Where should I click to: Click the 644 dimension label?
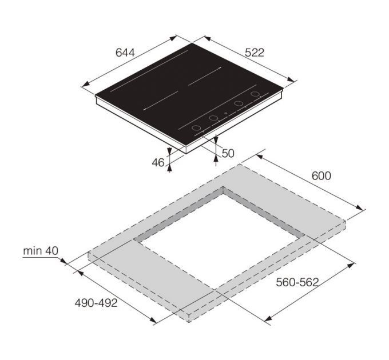coord(125,53)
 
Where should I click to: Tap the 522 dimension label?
coord(255,53)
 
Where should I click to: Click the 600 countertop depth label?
coord(321,176)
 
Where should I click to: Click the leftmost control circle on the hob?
coord(196,128)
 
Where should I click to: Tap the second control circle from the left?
coord(214,118)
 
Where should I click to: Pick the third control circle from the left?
coord(239,104)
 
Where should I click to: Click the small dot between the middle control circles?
coord(226,113)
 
